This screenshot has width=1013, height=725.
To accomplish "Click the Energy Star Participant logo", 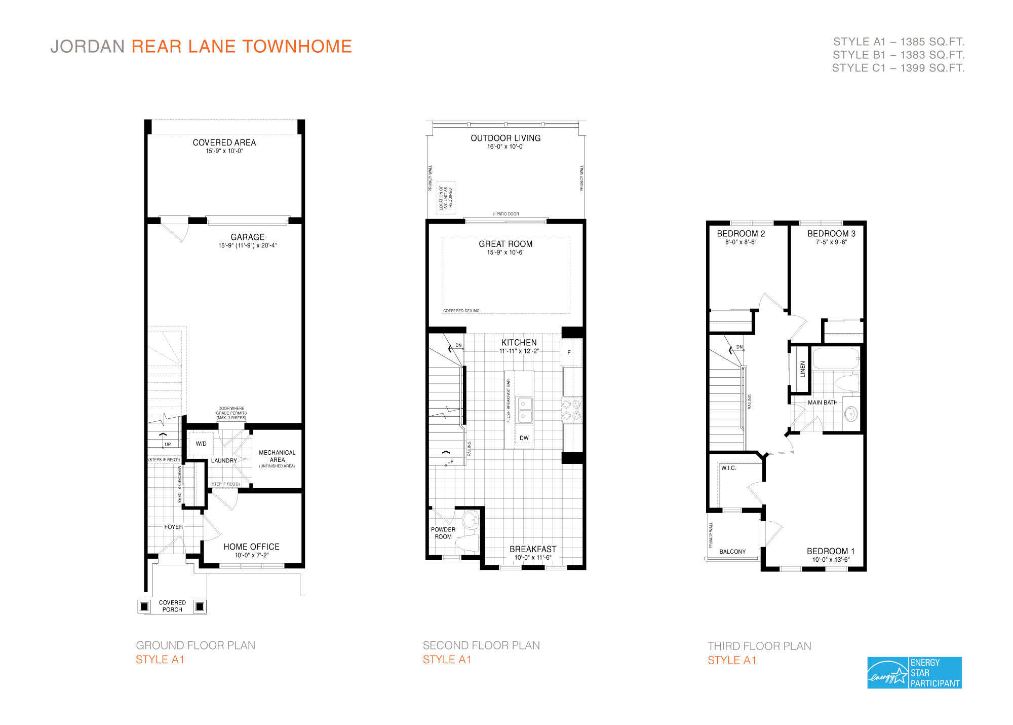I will click(x=914, y=673).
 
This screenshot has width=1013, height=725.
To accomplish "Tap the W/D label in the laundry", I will click(x=201, y=444).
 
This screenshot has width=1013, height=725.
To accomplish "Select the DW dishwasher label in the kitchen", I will click(x=524, y=438).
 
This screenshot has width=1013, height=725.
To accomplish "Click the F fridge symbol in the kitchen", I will click(x=569, y=352).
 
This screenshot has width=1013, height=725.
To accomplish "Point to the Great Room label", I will click(x=505, y=244).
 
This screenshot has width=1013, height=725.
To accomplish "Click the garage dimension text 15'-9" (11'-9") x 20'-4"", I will click(x=247, y=246).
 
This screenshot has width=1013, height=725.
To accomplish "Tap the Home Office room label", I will click(x=251, y=547).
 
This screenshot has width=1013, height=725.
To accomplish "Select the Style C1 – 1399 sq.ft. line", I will click(x=898, y=68).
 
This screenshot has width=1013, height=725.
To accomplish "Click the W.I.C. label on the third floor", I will click(x=728, y=468).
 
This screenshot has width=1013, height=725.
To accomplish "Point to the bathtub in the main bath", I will click(x=836, y=358).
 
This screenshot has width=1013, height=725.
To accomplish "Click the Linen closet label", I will click(x=802, y=369).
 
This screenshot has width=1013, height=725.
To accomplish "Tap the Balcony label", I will click(x=732, y=552).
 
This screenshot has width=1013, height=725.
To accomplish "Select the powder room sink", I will click(x=470, y=519).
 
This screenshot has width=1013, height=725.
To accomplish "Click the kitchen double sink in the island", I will click(x=524, y=410).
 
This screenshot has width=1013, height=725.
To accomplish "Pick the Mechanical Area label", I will click(x=277, y=456).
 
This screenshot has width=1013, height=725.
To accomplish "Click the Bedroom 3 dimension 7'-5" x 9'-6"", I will click(x=831, y=242).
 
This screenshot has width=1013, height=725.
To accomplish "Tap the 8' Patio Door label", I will click(x=505, y=214).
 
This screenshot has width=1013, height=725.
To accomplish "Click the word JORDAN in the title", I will click(x=88, y=46).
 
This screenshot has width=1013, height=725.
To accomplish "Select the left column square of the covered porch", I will click(x=144, y=606).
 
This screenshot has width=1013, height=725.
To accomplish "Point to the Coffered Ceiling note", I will click(x=461, y=311).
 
